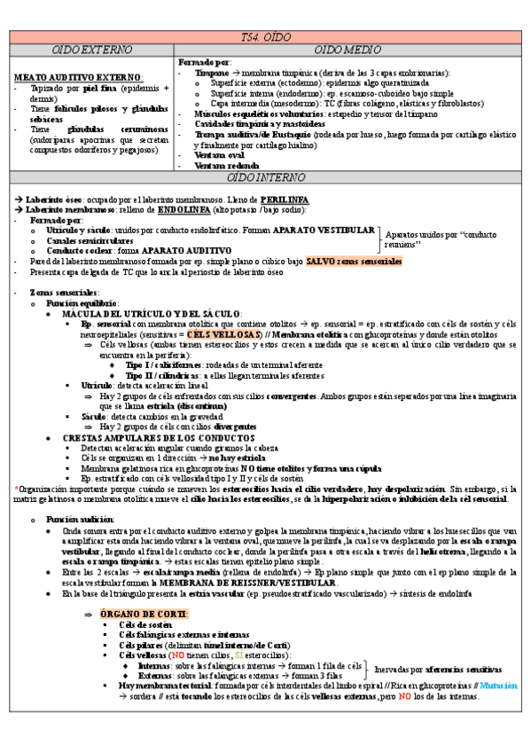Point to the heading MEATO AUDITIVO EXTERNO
79,78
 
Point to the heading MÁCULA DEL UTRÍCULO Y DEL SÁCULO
151,314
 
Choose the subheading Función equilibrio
87,303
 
